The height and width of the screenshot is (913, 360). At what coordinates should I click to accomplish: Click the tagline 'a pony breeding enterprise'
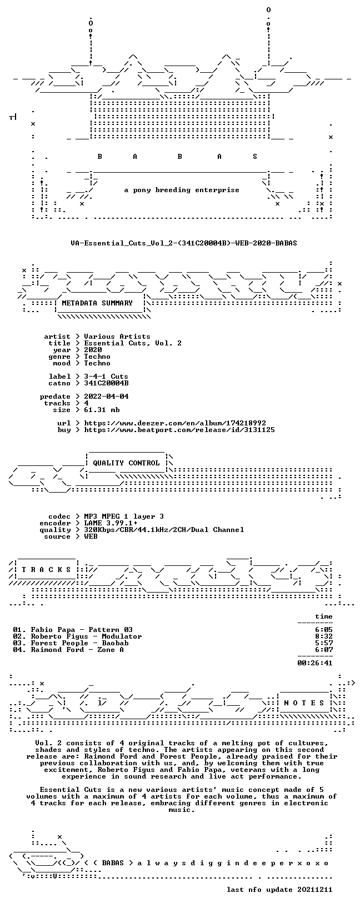point(182,190)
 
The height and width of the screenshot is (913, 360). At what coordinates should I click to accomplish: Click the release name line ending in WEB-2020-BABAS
point(183,243)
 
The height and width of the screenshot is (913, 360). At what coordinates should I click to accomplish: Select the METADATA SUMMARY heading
point(97,303)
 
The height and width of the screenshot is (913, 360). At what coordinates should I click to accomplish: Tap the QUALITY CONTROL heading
point(126,463)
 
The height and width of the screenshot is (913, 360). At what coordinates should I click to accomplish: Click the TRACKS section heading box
point(46,569)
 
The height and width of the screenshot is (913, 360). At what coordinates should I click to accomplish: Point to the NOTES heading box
point(304,703)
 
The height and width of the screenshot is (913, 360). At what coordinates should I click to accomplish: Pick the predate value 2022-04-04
point(107,397)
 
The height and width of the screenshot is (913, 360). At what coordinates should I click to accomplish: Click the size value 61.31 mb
point(102,410)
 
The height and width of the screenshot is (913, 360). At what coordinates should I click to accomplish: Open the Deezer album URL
point(175,423)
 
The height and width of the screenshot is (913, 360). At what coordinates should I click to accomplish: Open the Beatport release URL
point(179,430)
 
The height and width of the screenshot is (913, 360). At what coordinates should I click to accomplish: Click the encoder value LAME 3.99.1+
point(111,523)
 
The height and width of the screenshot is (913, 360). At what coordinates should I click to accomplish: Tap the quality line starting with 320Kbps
point(164,530)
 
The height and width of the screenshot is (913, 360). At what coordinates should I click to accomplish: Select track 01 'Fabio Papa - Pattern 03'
point(73,630)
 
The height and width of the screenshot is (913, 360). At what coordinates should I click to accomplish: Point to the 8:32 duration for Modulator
point(324,636)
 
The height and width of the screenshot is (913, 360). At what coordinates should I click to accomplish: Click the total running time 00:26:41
point(315,663)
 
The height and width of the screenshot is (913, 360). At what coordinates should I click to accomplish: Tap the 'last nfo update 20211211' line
point(279,889)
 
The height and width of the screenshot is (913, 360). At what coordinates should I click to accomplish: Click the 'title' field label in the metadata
point(59,343)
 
